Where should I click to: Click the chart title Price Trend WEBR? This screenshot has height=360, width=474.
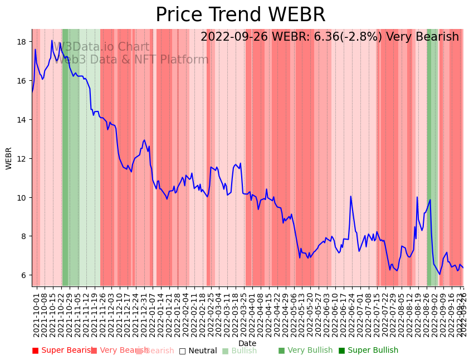[240, 15]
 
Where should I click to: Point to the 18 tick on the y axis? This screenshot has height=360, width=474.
[23, 42]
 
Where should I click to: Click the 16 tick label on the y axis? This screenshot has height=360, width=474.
[23, 81]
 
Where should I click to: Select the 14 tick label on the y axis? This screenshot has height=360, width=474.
[23, 120]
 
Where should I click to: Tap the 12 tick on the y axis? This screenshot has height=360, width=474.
[23, 159]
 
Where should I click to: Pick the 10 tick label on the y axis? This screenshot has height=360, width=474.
[23, 198]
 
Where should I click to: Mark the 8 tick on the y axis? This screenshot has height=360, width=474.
[25, 236]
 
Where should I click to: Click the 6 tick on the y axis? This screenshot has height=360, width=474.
[25, 275]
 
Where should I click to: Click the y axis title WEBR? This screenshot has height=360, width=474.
[9, 158]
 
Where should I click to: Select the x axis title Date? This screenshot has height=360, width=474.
[247, 343]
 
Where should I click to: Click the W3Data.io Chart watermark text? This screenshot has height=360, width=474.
[101, 47]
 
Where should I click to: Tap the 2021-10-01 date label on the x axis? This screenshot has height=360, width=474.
[37, 314]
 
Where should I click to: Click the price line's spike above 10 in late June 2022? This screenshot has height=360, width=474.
[350, 196]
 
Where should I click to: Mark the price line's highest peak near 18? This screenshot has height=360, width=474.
[52, 40]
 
